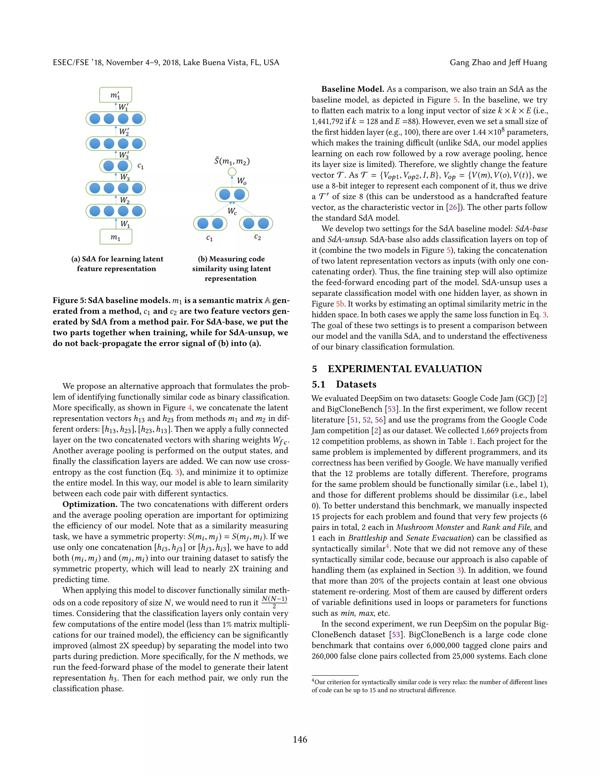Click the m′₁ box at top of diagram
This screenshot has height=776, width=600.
tap(115, 95)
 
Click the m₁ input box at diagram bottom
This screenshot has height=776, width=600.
tap(115, 237)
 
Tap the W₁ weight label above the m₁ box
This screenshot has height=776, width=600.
tap(125, 224)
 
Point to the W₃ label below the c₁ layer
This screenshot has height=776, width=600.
tap(125, 177)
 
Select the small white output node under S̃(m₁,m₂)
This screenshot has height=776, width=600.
tap(232, 172)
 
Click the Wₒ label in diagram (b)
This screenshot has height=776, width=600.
tap(242, 181)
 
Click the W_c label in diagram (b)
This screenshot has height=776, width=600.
tap(232, 211)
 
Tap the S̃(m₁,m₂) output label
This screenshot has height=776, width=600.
tap(232, 161)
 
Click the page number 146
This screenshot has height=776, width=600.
tap(300, 739)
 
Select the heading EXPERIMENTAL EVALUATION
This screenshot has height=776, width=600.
tap(405, 369)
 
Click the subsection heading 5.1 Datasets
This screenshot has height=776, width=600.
tap(344, 384)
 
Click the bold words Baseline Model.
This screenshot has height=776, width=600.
tap(353, 89)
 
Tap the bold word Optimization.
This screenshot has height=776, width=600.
tap(90, 504)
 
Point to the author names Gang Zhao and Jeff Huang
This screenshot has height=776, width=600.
tap(498, 63)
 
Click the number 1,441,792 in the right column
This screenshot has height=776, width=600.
tap(327, 122)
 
